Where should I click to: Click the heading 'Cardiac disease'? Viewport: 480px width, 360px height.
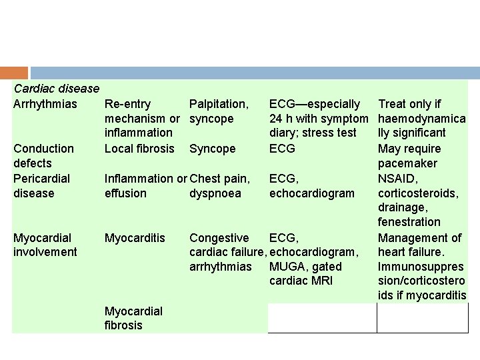[57, 89]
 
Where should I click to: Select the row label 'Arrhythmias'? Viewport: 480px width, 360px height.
[45, 104]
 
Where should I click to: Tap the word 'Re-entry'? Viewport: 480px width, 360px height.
[128, 104]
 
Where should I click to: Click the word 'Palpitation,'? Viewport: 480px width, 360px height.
[219, 104]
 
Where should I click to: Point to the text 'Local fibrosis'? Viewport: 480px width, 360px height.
[139, 149]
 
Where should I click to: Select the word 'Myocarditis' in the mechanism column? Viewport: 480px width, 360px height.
[135, 237]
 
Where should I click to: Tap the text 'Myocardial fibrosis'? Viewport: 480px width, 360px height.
[133, 318]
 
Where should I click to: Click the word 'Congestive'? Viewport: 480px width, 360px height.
[219, 237]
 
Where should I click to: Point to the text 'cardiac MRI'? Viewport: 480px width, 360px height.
[301, 281]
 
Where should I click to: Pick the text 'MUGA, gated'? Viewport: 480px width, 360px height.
[305, 267]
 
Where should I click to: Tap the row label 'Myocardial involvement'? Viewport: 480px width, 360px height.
[45, 245]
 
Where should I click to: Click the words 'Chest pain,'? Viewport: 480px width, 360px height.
[220, 178]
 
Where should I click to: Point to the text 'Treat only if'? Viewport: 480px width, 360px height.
[410, 104]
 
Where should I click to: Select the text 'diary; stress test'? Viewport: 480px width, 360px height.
[313, 133]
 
